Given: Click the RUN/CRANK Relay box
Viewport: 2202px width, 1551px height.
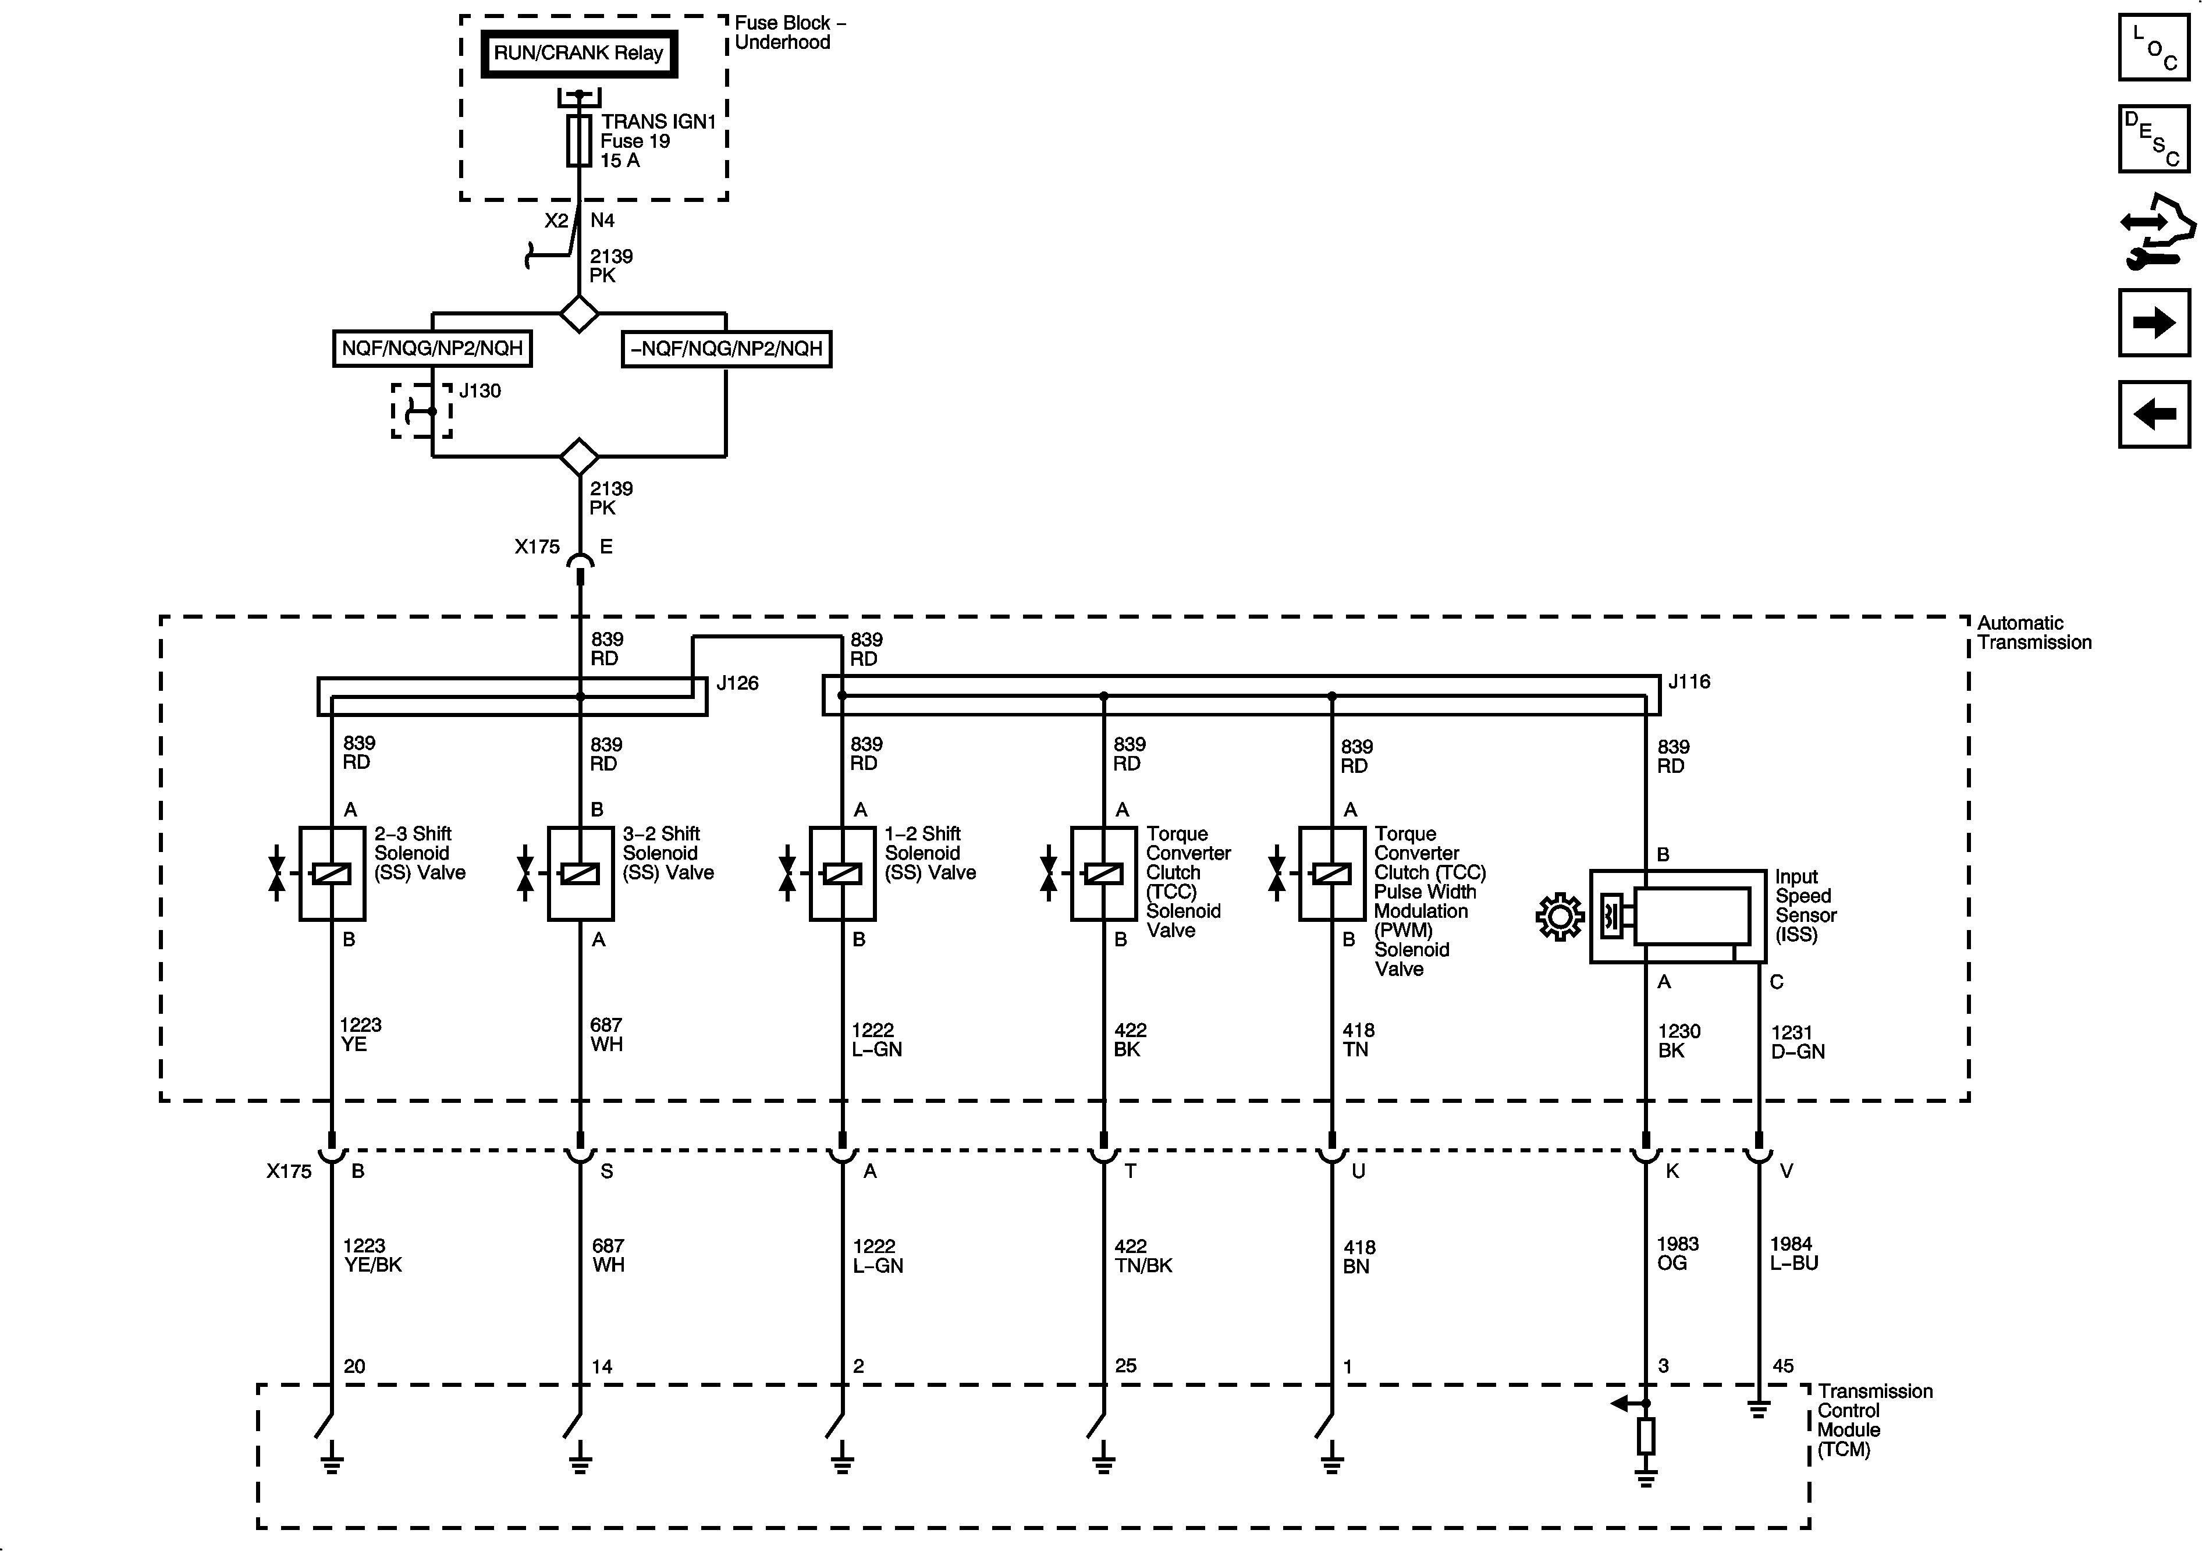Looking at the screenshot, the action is (x=578, y=54).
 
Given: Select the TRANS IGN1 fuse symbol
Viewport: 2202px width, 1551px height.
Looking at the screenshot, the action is (x=578, y=141).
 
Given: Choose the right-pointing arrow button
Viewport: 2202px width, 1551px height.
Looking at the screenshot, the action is (x=2154, y=322).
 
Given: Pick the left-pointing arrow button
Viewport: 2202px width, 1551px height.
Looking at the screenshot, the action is (x=2154, y=414).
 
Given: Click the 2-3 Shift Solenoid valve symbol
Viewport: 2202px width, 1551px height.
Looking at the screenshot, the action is (x=332, y=873).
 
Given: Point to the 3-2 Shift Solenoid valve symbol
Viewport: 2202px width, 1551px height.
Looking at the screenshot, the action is (x=580, y=873).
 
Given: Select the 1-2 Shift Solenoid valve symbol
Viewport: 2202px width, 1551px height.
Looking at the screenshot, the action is (x=842, y=873).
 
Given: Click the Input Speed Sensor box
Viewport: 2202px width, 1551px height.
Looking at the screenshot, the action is (x=1677, y=916).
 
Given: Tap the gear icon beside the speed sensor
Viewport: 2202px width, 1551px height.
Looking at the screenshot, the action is (x=1560, y=917).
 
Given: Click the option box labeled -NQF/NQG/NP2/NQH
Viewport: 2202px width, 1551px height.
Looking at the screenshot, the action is (x=726, y=349).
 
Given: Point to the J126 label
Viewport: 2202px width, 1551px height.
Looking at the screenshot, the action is (x=737, y=683).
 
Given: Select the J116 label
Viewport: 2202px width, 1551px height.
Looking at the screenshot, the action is (x=1689, y=682).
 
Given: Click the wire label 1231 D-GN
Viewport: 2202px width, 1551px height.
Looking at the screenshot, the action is (x=1798, y=1042).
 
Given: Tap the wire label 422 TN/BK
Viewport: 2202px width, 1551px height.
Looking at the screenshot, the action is (x=1143, y=1255).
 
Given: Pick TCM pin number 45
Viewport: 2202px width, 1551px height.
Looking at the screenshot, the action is (x=1783, y=1366).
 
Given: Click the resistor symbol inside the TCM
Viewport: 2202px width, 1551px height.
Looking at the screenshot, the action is (x=1646, y=1436).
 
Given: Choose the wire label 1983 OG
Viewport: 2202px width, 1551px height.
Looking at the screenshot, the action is (x=1677, y=1252).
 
